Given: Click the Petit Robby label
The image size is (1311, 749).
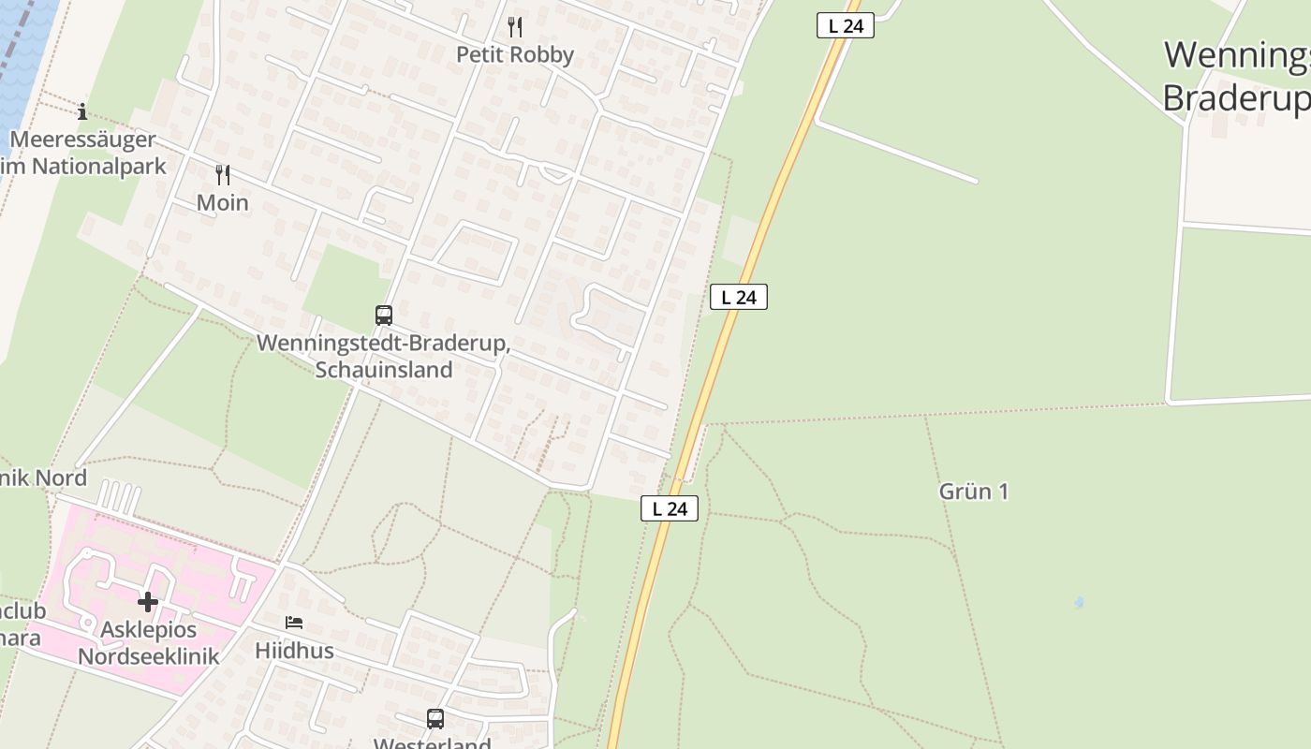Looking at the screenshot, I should [514, 54].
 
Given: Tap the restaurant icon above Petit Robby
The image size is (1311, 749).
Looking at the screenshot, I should [514, 26].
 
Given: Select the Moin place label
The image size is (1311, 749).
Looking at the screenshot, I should [223, 202].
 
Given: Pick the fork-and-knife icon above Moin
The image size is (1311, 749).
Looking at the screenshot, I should [223, 174].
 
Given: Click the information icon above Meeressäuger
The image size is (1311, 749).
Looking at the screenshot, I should [82, 112].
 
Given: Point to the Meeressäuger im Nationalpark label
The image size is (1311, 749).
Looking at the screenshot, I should [84, 154].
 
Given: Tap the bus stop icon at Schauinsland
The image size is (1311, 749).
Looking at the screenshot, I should [384, 316].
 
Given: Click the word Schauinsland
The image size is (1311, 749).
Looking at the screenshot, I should [384, 370].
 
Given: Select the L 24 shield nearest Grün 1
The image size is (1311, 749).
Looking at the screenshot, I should [670, 508].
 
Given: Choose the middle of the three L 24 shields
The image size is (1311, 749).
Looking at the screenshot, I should [739, 298].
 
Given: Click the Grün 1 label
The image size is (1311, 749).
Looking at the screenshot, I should [974, 492].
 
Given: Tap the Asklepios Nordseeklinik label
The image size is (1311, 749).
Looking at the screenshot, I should [148, 643].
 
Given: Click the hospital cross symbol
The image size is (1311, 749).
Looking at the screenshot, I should [148, 601].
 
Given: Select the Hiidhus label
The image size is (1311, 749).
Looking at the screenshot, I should [294, 650].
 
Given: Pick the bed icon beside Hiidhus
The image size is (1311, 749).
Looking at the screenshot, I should [294, 623].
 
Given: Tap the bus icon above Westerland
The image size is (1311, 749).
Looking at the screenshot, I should [435, 719].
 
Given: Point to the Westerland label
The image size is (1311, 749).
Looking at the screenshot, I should [433, 743].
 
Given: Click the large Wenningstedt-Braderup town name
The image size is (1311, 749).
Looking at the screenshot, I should [1236, 75].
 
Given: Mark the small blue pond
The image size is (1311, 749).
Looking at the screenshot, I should [1080, 602].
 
